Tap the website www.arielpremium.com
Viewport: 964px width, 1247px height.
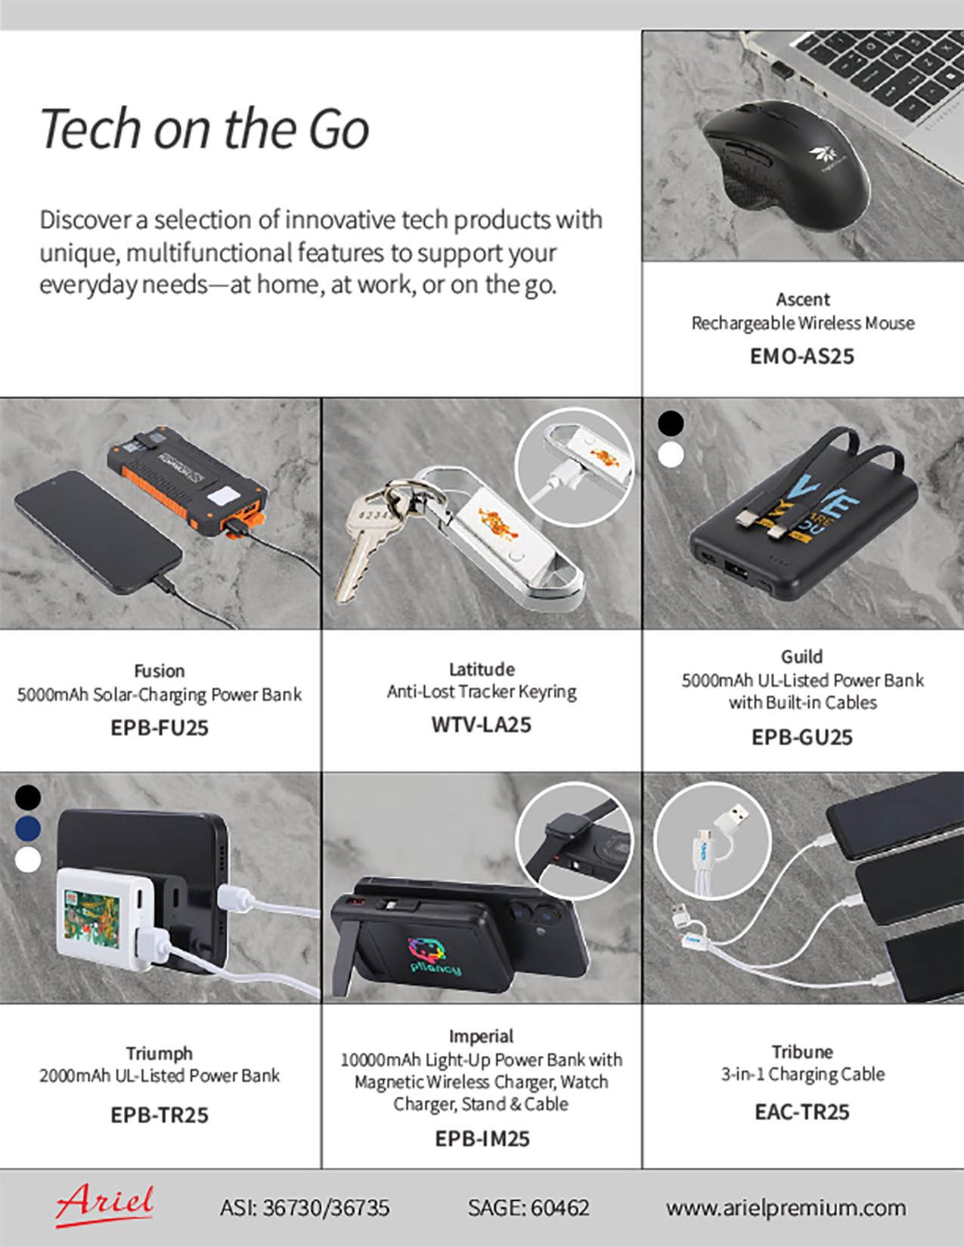pos(786,1208)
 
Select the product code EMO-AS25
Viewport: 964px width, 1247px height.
pos(802,357)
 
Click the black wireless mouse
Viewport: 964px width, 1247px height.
pos(786,162)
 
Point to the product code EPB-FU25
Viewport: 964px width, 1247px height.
pos(160,728)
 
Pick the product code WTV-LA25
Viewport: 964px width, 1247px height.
pos(481,724)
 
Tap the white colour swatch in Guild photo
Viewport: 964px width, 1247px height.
pos(671,455)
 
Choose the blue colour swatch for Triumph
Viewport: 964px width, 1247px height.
pos(27,828)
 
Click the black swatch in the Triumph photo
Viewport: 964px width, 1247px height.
pos(27,797)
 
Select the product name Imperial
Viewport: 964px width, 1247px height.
pos(481,1036)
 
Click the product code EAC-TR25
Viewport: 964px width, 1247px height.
pos(802,1112)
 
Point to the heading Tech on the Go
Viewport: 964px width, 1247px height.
pos(204,128)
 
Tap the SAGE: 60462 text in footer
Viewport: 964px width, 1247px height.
pos(528,1208)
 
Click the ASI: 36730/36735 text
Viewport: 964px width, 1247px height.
pos(305,1208)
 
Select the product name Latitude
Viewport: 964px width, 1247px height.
pos(482,669)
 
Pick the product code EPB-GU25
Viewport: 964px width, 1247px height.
pos(802,737)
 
